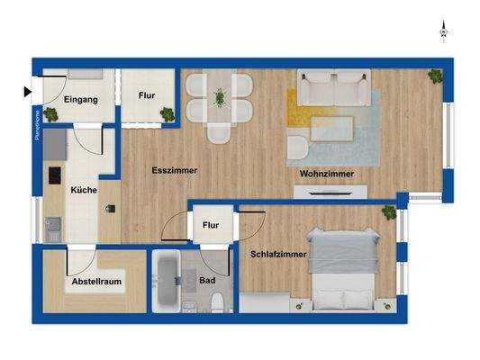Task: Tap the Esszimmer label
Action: click(x=175, y=169)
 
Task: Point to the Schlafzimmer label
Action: click(x=279, y=255)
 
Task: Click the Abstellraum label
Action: click(x=96, y=283)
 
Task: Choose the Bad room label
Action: click(x=207, y=281)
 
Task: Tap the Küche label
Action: click(x=83, y=189)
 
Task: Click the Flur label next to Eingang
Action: click(x=149, y=94)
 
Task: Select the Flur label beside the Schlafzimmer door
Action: click(x=211, y=225)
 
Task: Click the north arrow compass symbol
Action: click(x=443, y=31)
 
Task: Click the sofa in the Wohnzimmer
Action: click(x=334, y=88)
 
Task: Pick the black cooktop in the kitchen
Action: click(x=51, y=175)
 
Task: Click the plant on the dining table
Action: click(x=219, y=97)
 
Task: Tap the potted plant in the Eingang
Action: click(x=50, y=115)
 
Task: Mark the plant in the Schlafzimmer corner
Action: click(x=389, y=212)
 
